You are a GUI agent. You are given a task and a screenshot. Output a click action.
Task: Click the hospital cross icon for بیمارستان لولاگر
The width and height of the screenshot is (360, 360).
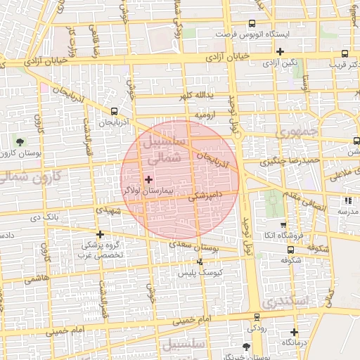[x=148, y=180]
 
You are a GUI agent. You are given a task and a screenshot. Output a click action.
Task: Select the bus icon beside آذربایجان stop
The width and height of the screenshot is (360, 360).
[x=115, y=111]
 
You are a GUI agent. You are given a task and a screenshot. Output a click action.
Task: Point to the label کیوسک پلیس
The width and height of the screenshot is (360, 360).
[x=200, y=271]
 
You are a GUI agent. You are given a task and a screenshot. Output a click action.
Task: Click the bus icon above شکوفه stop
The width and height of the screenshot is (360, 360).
[x=290, y=249]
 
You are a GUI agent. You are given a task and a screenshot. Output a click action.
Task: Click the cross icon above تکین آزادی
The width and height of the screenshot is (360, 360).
[x=281, y=51]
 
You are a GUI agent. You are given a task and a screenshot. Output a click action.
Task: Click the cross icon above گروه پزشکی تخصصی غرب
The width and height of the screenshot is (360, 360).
[x=101, y=234]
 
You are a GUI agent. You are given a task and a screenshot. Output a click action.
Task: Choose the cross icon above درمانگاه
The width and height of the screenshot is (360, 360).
[x=294, y=332]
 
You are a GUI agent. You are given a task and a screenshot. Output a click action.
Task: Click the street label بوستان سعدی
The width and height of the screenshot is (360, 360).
[x=191, y=246]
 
